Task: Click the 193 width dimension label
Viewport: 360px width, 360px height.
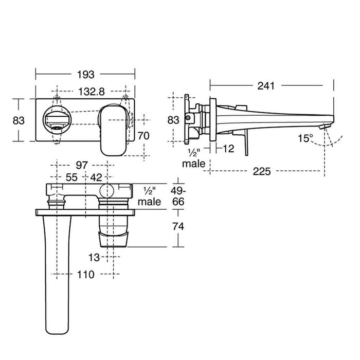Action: coord(86,75)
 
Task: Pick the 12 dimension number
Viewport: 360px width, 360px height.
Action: coord(229,149)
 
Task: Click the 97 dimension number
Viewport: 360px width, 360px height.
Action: coord(82,165)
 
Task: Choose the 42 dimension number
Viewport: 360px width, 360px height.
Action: coord(96,177)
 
